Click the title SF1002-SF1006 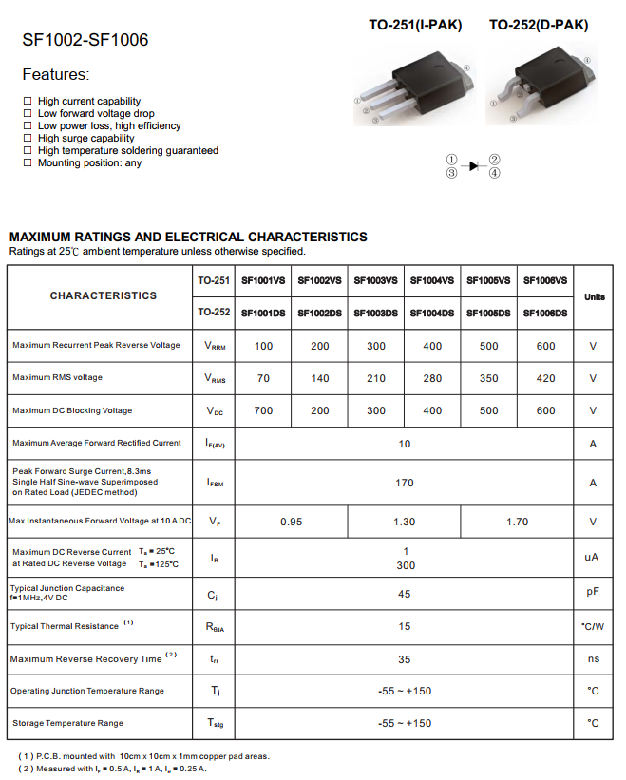(85, 41)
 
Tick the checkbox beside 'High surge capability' (28, 139)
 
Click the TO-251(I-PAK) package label (415, 26)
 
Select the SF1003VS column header (376, 281)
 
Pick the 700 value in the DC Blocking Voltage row (263, 411)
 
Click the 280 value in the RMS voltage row (432, 378)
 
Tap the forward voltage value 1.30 (405, 522)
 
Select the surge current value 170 (405, 483)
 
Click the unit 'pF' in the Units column (593, 592)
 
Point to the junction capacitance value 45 (405, 593)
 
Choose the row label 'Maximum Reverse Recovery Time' (85, 659)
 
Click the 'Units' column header (594, 297)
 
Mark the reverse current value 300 (405, 565)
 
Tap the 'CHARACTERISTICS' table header (104, 295)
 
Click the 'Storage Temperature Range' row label (67, 724)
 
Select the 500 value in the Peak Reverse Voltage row (488, 346)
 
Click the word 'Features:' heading (55, 74)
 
